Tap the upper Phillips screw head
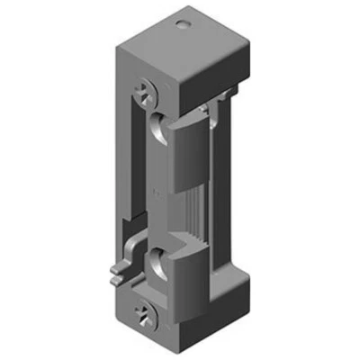(x=147, y=91)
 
